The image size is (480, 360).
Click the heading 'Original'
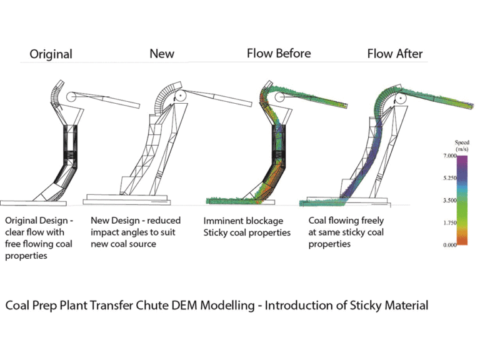51,54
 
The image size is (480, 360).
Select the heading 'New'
161,54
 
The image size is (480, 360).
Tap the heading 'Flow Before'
278,53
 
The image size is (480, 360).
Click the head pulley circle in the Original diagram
71,97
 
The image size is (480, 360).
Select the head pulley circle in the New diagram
180,96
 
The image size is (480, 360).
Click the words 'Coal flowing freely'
346,221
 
